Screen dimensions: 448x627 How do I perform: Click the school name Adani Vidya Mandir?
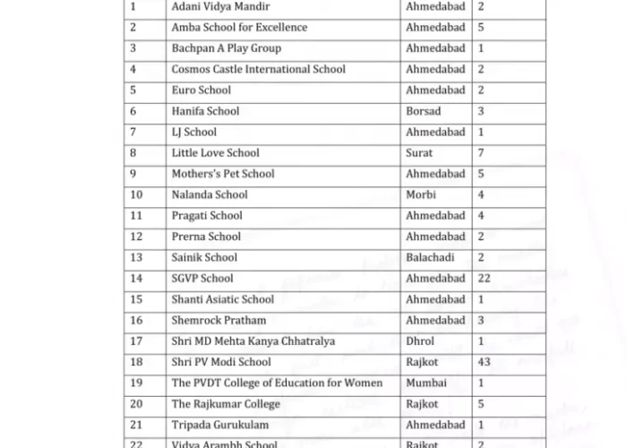(219, 6)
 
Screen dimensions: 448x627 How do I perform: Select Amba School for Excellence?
(239, 27)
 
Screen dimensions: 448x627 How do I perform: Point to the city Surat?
(419, 153)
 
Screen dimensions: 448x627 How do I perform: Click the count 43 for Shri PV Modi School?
(485, 362)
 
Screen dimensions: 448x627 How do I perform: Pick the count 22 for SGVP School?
(485, 279)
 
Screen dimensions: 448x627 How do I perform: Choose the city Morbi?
(421, 194)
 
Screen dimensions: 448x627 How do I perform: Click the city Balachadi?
(431, 257)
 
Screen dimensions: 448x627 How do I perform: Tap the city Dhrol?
(420, 341)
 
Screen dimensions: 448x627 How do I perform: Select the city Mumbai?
(425, 383)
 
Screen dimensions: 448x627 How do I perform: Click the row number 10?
(137, 194)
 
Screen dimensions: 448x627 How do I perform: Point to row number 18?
(137, 362)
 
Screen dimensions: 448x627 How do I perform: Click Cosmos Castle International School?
(258, 69)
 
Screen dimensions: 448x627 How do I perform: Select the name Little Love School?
(215, 153)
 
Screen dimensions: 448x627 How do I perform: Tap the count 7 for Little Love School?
(481, 153)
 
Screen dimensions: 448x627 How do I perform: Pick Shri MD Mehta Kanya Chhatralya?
(253, 341)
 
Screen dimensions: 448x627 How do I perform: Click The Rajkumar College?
(226, 404)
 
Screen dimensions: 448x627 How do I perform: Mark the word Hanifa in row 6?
(188, 111)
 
